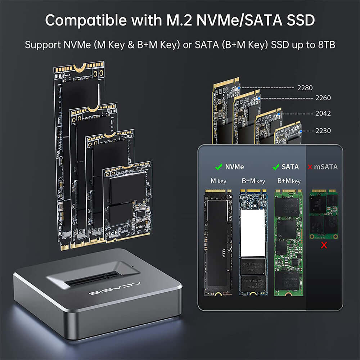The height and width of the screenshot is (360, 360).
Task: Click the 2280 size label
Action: tap(305, 87)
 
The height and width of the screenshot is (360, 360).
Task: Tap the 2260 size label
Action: tap(323, 98)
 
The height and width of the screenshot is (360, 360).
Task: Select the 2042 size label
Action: tap(323, 113)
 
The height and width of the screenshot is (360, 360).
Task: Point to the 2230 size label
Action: tap(323, 131)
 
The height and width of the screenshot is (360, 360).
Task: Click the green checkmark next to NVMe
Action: tap(218, 167)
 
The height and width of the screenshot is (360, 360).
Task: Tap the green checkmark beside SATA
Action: tap(276, 167)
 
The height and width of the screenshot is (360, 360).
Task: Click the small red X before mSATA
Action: tap(310, 167)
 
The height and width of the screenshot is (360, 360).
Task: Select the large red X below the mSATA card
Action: tap(324, 246)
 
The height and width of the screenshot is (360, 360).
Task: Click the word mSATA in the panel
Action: tap(326, 167)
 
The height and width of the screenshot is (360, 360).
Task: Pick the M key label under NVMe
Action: tap(218, 181)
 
